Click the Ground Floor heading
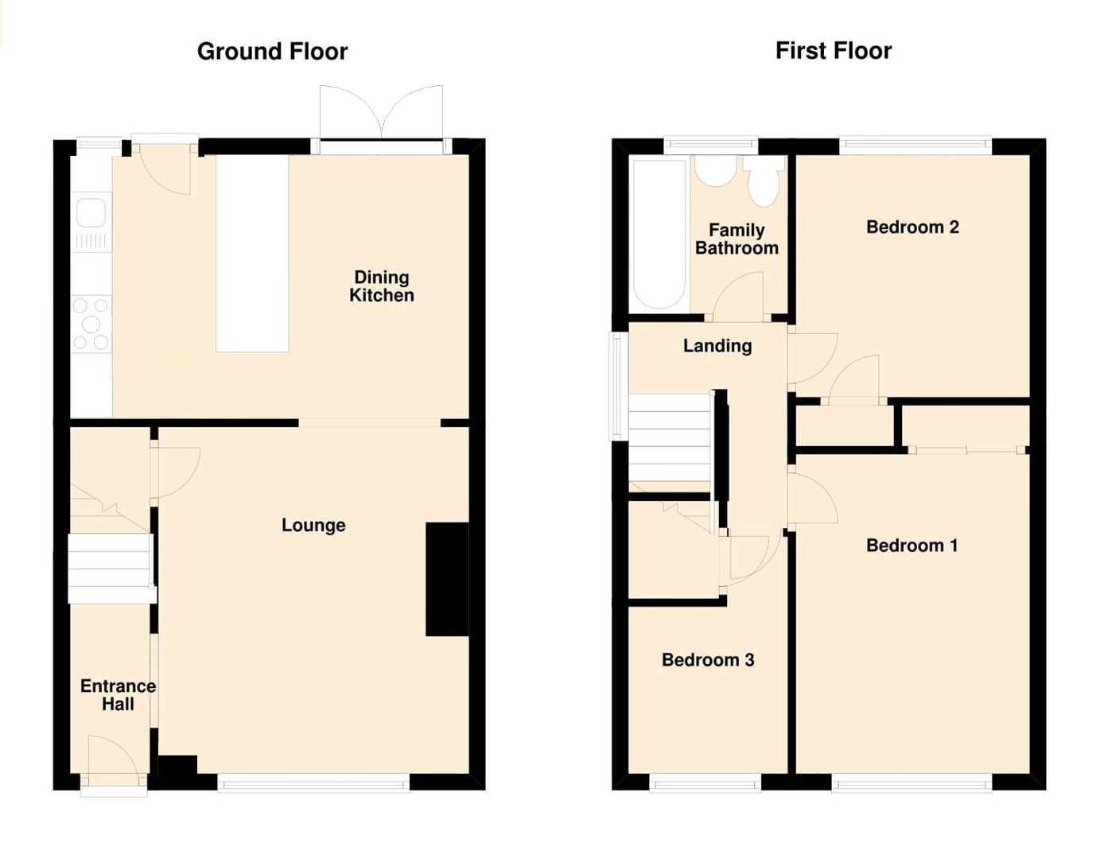click(x=272, y=52)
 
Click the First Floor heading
click(x=834, y=51)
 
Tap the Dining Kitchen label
click(x=382, y=286)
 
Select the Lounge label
click(x=313, y=525)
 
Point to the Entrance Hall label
click(x=118, y=695)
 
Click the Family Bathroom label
click(x=737, y=239)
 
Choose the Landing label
click(x=717, y=346)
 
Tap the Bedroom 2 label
click(x=912, y=227)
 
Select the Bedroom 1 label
click(x=911, y=546)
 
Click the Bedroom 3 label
click(x=708, y=660)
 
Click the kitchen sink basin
click(x=91, y=212)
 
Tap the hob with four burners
click(x=91, y=324)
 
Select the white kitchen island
click(x=252, y=253)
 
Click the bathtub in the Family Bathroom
click(x=659, y=233)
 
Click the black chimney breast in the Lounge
click(x=447, y=579)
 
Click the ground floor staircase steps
click(x=110, y=568)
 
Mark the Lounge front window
click(x=314, y=783)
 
